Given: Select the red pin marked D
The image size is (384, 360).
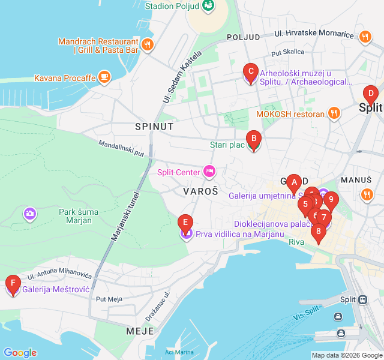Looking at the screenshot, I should click(371, 94).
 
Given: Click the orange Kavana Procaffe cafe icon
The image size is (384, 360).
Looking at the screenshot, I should click(104, 77).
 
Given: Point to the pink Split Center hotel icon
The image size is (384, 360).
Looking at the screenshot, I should click(209, 172).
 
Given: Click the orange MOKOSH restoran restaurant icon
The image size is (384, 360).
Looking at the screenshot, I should click(335, 113).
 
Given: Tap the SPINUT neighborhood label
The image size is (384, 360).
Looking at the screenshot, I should click(154, 127).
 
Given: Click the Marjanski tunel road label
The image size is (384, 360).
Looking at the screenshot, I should click(125, 216).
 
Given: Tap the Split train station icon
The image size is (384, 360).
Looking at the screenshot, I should click(362, 299).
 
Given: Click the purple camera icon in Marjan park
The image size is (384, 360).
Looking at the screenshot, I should click(29, 213).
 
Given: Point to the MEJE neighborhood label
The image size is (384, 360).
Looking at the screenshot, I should click(140, 331).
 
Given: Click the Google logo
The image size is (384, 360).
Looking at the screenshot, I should click(20, 353).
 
